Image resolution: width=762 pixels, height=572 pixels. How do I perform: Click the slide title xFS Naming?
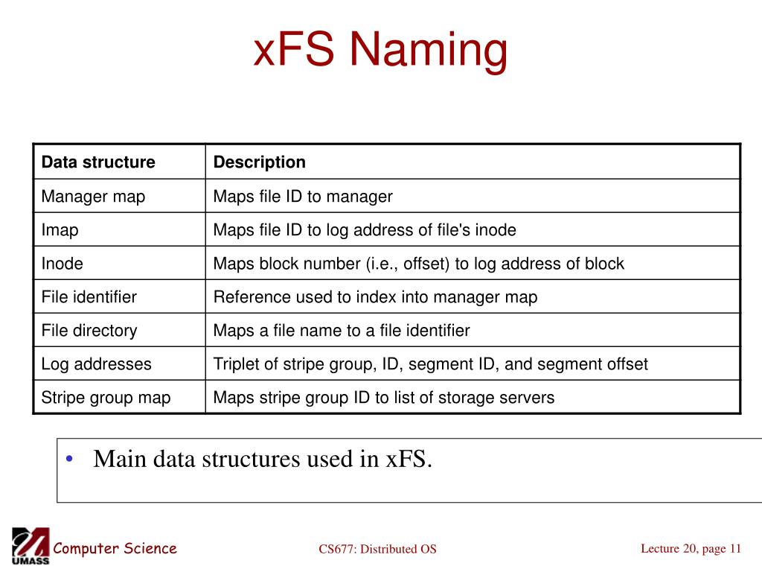(380, 50)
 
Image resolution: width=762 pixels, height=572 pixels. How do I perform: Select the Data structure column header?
(98, 162)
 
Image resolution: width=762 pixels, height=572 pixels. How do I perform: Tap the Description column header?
(260, 162)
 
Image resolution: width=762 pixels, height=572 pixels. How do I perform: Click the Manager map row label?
(93, 197)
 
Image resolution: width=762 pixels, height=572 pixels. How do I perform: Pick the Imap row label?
(60, 230)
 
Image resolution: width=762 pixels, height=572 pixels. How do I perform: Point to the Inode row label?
(63, 264)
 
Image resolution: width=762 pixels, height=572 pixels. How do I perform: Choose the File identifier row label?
(89, 296)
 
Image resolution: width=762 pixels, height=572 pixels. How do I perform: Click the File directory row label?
(89, 331)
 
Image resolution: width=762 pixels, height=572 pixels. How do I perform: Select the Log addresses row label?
(96, 363)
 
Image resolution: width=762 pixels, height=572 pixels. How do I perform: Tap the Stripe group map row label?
(106, 398)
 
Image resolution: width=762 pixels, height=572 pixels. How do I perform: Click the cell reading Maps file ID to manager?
(303, 197)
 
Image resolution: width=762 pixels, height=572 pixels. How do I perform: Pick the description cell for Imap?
(365, 230)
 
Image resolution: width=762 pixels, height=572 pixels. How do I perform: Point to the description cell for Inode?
(418, 264)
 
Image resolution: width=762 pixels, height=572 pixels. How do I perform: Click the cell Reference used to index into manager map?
(375, 296)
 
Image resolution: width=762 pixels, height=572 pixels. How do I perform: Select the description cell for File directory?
(341, 331)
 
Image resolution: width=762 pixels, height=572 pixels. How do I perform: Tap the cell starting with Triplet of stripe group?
(431, 363)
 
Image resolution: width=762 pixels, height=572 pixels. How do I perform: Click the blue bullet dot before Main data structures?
(69, 459)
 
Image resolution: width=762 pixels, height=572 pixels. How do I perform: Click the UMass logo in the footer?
(31, 546)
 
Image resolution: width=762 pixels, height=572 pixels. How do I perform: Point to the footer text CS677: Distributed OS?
(377, 549)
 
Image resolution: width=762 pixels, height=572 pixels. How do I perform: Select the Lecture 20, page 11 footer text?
(691, 549)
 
